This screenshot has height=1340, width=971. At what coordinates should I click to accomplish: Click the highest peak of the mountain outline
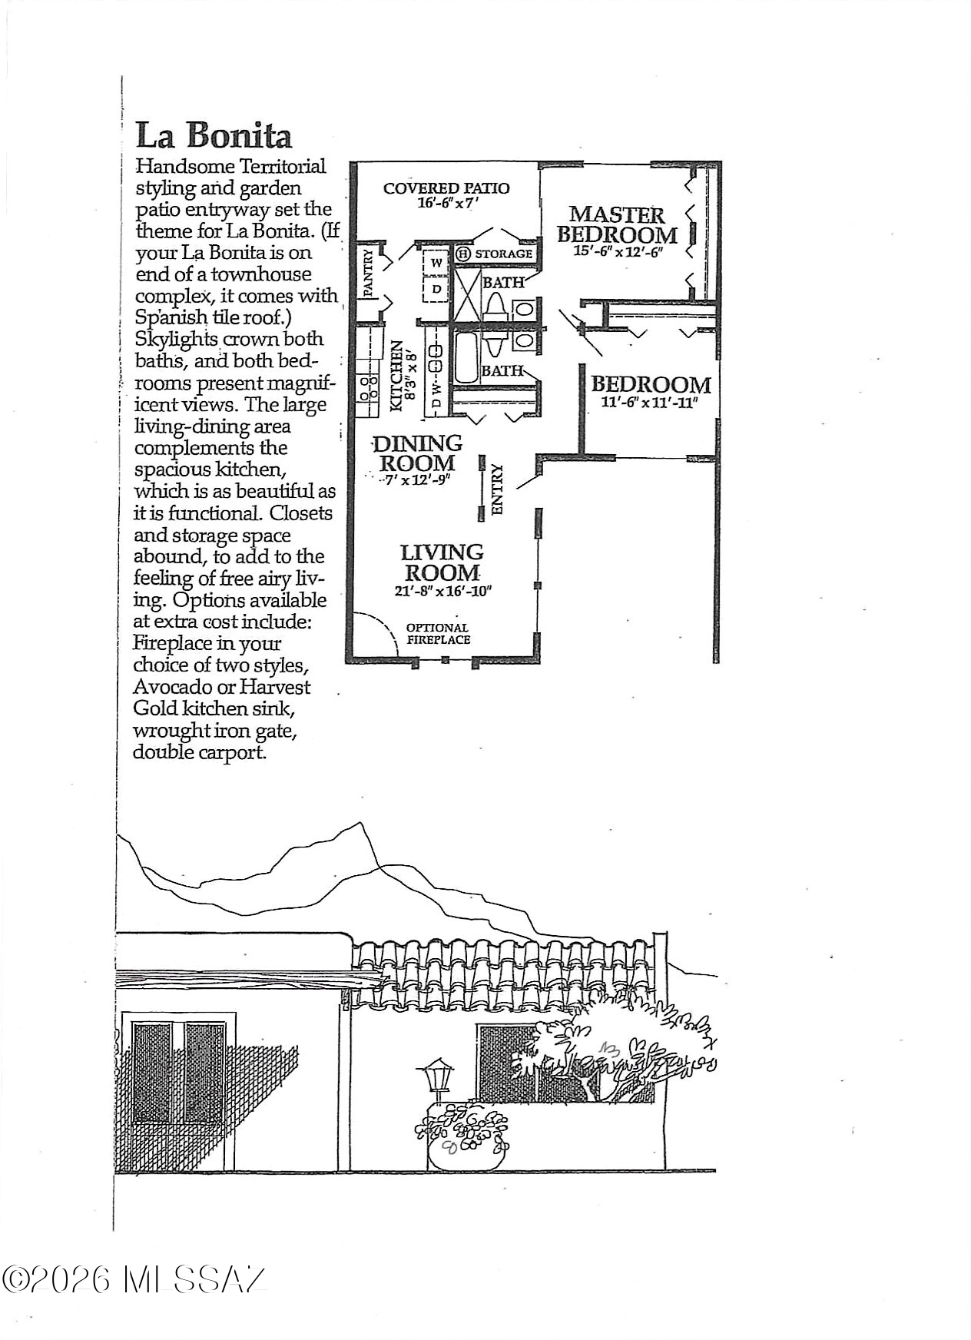click(358, 823)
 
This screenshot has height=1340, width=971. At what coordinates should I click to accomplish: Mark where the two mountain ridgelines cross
click(379, 867)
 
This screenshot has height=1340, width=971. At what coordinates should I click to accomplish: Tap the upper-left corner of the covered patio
click(352, 163)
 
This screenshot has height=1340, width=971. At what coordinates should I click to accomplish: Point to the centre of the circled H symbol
click(462, 254)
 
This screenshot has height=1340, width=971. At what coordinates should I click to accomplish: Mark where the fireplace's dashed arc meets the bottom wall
click(398, 655)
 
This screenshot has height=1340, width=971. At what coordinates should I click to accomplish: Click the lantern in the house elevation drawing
click(439, 1076)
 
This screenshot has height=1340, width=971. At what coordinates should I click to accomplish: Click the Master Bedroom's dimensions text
click(618, 250)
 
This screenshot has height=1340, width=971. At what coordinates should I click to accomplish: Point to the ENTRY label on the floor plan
click(497, 489)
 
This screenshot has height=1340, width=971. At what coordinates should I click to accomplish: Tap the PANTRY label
click(368, 273)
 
